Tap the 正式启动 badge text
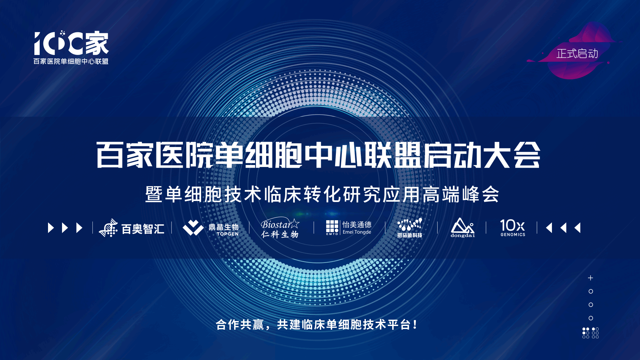click(577, 54)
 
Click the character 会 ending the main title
click(527, 155)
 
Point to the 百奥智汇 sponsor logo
click(132, 228)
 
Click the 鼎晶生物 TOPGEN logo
click(211, 228)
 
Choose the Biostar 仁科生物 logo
click(280, 228)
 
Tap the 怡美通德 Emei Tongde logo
click(349, 228)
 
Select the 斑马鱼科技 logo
click(410, 228)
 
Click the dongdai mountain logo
click(463, 228)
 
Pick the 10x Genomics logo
click(513, 228)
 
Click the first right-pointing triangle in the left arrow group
click(51, 228)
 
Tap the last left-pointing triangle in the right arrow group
click(578, 228)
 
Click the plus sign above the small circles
click(591, 278)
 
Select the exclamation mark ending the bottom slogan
click(415, 324)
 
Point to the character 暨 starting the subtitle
click(154, 194)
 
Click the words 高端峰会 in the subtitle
click(461, 194)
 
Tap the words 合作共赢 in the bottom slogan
click(240, 325)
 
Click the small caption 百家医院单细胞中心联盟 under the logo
click(71, 61)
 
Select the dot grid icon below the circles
click(591, 333)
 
